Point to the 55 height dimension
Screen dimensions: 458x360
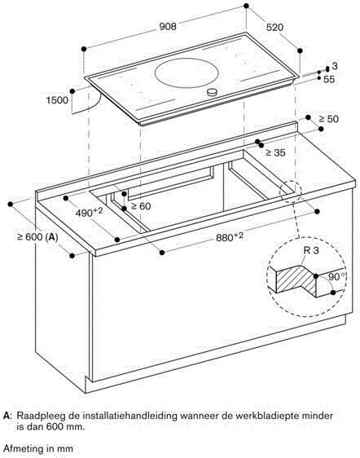click(x=330, y=81)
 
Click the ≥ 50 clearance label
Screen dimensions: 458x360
click(x=329, y=120)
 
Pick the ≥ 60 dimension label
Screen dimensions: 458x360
click(x=142, y=206)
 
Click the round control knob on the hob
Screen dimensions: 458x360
click(x=214, y=93)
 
